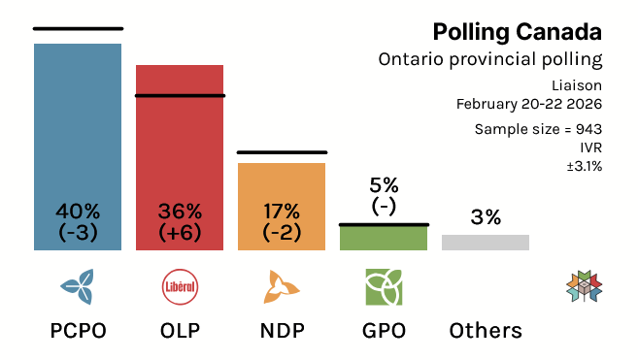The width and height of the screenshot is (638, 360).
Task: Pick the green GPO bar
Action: coord(384,239)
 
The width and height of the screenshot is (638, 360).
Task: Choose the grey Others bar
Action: coord(486,243)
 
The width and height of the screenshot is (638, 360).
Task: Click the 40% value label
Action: coord(78,211)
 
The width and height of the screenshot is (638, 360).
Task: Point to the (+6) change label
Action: coord(180,232)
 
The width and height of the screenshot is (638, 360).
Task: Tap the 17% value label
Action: coord(282,211)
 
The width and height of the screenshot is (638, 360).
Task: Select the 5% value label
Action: coord(384,184)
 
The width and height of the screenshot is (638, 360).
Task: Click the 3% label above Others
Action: coord(486,217)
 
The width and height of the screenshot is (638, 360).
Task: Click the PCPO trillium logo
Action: coord(78,286)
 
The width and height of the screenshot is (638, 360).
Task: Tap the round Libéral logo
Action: coord(180,286)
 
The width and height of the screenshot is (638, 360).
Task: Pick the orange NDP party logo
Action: coord(282,286)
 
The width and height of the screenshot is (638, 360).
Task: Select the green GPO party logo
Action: coord(384,286)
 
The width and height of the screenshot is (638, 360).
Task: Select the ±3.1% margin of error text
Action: coord(583,166)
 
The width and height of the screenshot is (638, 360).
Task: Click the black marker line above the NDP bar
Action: coord(282,152)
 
